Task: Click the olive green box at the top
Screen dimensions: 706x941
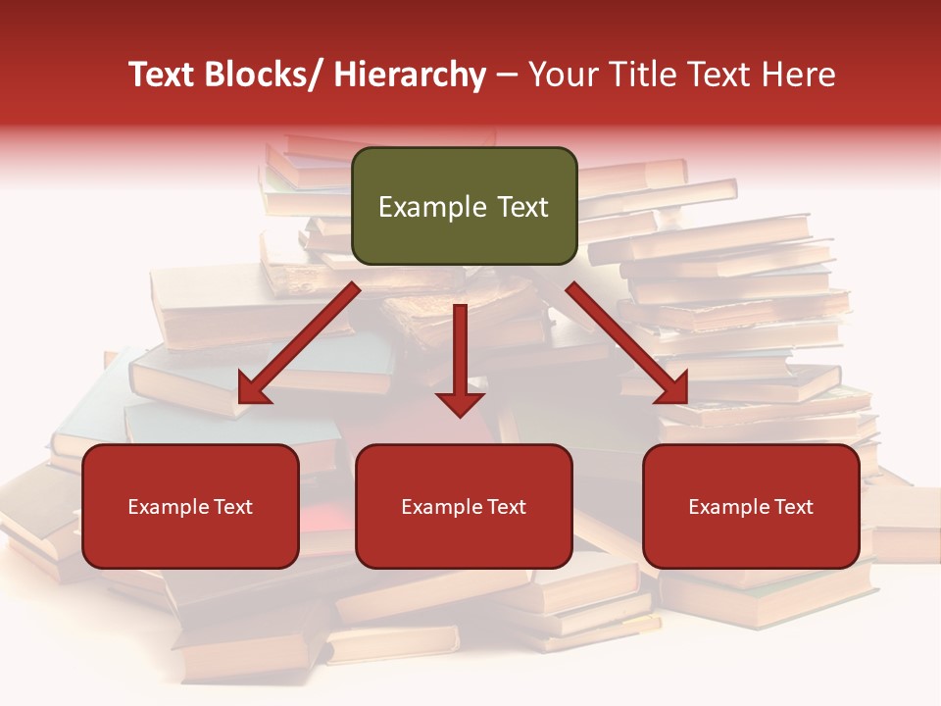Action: tap(464, 206)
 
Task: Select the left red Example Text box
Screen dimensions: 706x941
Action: tap(190, 506)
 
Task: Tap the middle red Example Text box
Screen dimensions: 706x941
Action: tap(464, 506)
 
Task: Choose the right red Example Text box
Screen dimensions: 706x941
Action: tap(751, 506)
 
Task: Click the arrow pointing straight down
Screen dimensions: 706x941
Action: tap(461, 359)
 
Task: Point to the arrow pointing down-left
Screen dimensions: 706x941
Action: tap(298, 343)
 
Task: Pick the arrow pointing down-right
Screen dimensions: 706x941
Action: tap(627, 343)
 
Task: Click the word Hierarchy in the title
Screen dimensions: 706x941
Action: tap(410, 76)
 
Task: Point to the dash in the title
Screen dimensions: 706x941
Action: tap(507, 76)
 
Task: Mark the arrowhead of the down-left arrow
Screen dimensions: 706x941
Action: tap(253, 389)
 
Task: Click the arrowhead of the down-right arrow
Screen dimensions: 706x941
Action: tap(672, 389)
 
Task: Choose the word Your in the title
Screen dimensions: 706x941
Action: tap(562, 76)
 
